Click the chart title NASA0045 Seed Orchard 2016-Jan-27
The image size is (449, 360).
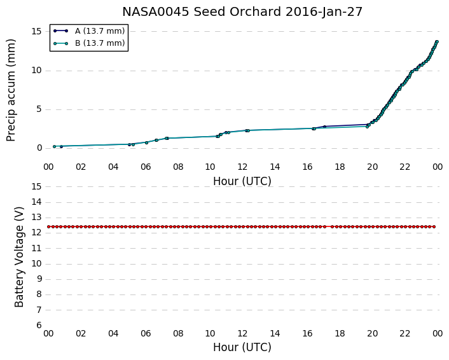point(242,12)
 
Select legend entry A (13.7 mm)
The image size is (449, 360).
point(100,31)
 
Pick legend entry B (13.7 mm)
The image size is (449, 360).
point(100,43)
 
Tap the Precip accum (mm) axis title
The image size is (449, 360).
point(11,90)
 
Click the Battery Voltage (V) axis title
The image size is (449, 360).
point(19,256)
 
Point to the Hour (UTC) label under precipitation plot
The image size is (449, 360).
point(242,181)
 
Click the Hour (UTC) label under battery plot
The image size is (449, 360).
point(242,347)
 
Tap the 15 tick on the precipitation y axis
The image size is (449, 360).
point(37,31)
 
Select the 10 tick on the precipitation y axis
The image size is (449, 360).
point(37,70)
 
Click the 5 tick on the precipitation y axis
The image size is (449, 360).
point(39,109)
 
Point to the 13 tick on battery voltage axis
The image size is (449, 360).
point(37,218)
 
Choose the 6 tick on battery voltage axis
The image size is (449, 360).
point(39,326)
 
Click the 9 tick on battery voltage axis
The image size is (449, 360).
point(39,279)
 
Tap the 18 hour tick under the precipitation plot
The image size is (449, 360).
point(340,167)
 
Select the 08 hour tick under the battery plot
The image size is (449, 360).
point(178,333)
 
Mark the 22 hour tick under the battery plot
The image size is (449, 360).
point(405,333)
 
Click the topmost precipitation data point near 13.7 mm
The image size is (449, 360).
point(437,42)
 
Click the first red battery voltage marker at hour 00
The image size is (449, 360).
point(49,226)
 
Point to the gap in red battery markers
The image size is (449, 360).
point(328,226)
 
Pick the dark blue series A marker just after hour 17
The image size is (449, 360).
point(324,127)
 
